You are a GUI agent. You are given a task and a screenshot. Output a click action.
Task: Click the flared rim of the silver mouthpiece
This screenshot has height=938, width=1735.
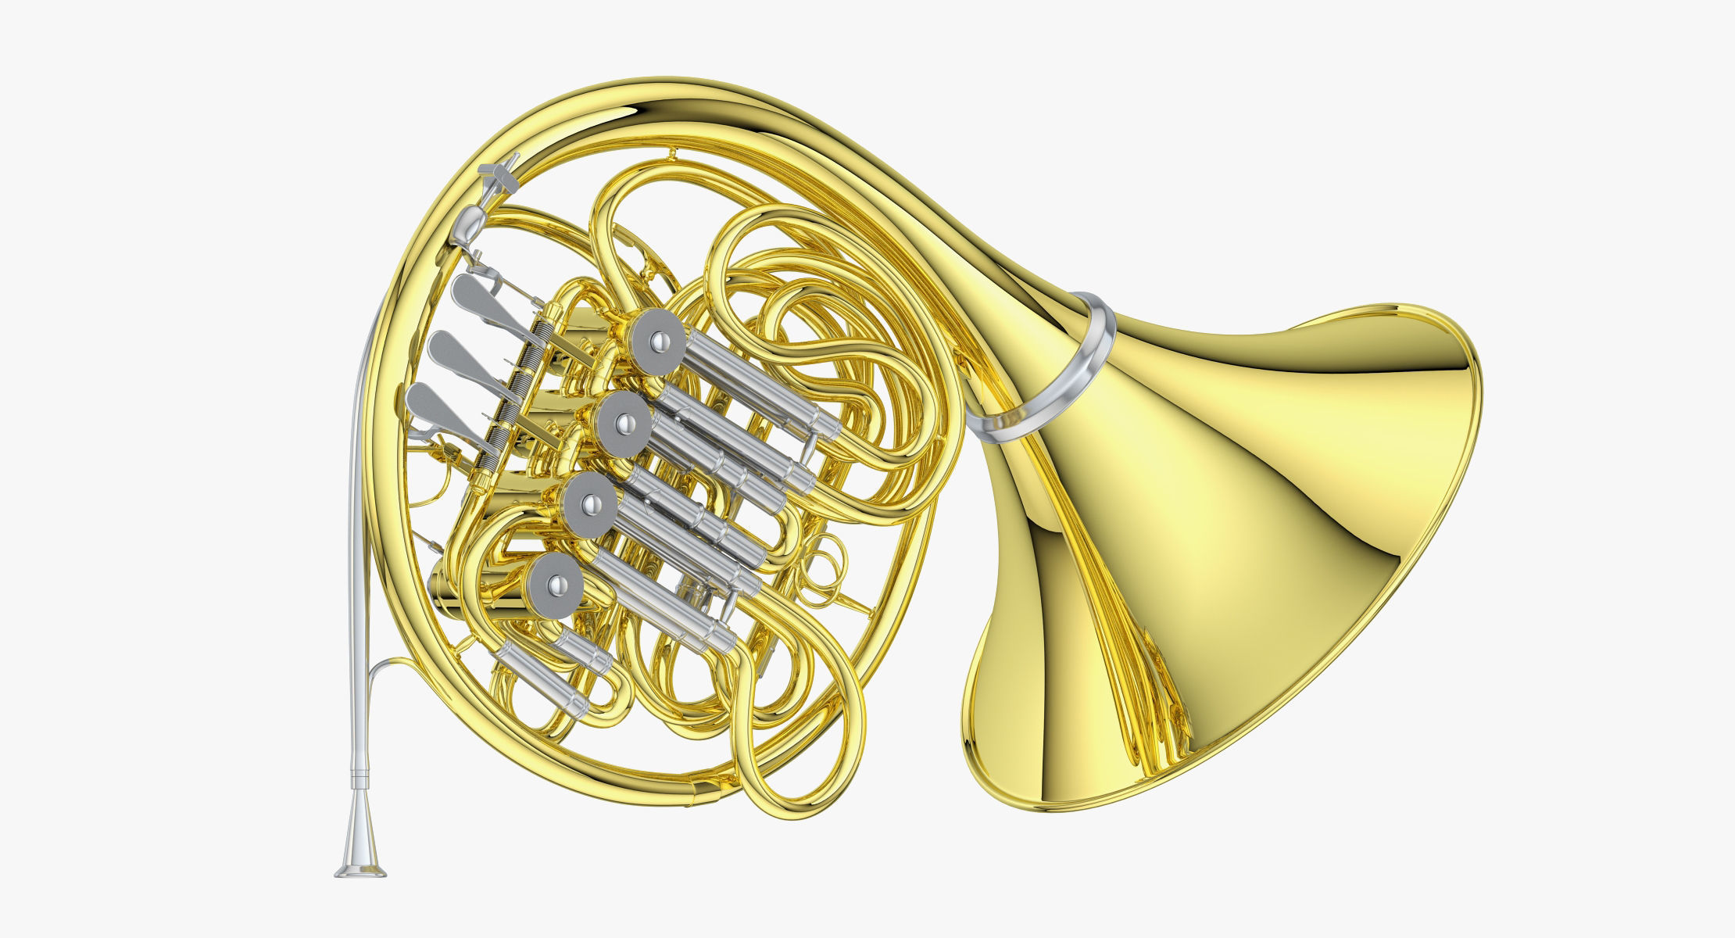(x=360, y=870)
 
